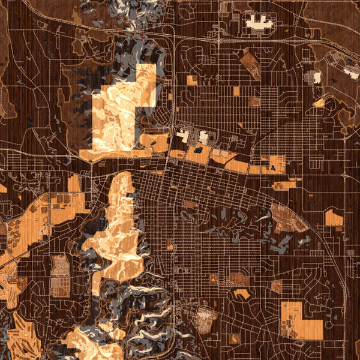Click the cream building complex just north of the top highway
click(x=259, y=22)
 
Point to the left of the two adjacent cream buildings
click(x=182, y=136)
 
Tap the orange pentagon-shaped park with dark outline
click(x=242, y=293)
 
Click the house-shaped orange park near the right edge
click(x=334, y=217)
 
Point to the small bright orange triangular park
click(x=319, y=103)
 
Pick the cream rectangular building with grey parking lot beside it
click(x=315, y=77)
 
